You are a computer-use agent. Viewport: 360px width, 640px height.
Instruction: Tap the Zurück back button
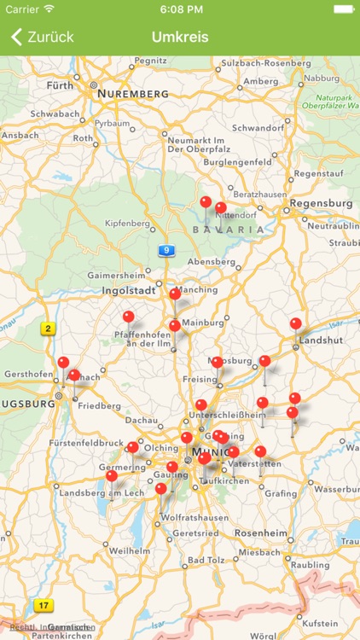tap(43, 37)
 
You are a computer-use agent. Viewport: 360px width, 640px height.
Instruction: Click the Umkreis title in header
tap(180, 37)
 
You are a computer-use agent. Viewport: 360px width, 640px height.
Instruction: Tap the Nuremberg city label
tap(132, 92)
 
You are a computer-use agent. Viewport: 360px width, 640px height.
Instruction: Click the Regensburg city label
tap(321, 203)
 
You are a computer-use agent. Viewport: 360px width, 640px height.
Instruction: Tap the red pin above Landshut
tap(296, 324)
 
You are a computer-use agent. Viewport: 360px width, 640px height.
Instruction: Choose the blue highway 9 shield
tap(165, 251)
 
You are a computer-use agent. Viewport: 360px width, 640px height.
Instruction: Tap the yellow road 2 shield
tap(49, 328)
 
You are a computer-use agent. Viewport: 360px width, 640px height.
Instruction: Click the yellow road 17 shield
tap(43, 606)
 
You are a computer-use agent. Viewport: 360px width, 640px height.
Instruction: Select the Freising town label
tap(199, 379)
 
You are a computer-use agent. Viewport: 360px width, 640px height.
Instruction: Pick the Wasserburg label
tap(335, 490)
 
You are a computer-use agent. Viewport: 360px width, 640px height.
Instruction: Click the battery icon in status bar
tap(343, 9)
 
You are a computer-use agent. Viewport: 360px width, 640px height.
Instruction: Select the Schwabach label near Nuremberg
tap(54, 113)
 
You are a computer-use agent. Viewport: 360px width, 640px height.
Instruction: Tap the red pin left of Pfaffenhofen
tap(129, 317)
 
